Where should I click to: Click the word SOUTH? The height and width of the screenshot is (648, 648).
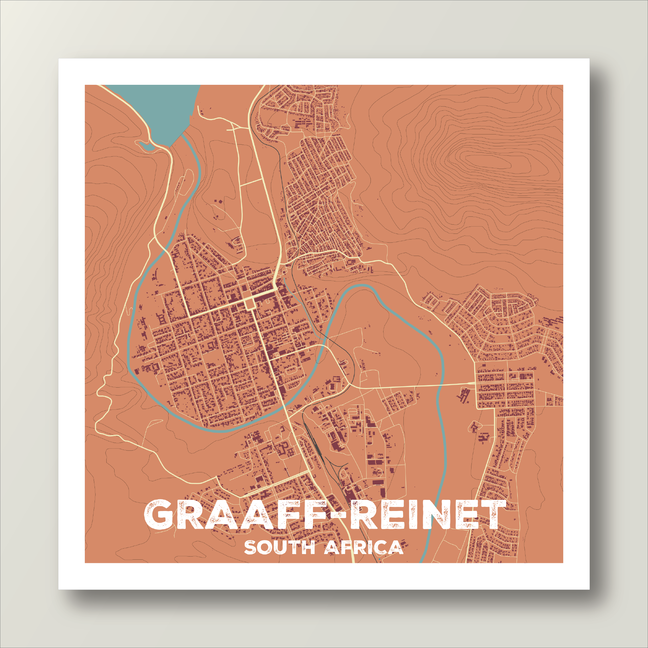279,548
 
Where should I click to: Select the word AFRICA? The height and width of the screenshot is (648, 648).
364,548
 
